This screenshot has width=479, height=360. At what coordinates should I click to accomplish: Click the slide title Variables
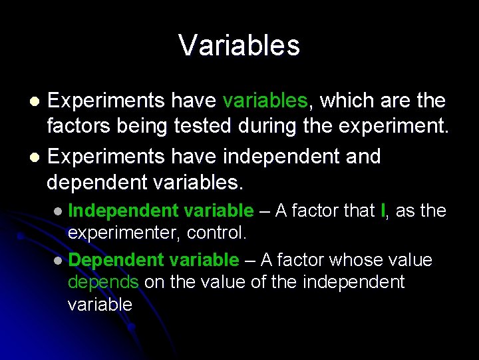(x=239, y=46)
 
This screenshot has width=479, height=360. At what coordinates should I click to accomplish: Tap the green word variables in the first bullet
(x=265, y=101)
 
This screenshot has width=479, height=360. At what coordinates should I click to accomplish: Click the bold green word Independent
(x=122, y=211)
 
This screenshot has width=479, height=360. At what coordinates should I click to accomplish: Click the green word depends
(x=102, y=282)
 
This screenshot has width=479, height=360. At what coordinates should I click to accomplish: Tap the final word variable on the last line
(x=100, y=305)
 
